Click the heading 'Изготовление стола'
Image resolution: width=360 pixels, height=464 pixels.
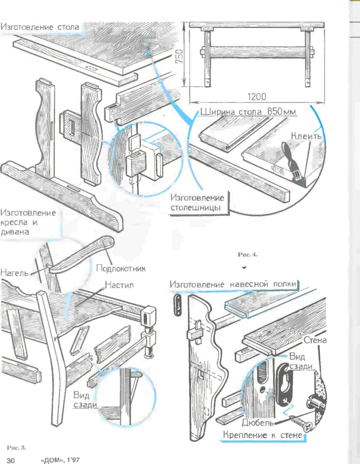coord(40,27)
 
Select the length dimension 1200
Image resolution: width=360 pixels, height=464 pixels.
coord(257,97)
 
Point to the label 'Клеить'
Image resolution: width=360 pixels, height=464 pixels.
coord(306,136)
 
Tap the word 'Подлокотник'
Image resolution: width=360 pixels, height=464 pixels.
coord(121,269)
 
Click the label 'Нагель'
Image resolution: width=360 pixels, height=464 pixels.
coord(14,272)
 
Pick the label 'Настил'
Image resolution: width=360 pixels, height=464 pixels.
coord(119,285)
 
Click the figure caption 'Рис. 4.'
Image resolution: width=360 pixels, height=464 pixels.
coord(248,255)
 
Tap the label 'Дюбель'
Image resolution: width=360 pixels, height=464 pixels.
coord(257,423)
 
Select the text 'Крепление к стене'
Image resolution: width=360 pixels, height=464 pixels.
coord(262,435)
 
